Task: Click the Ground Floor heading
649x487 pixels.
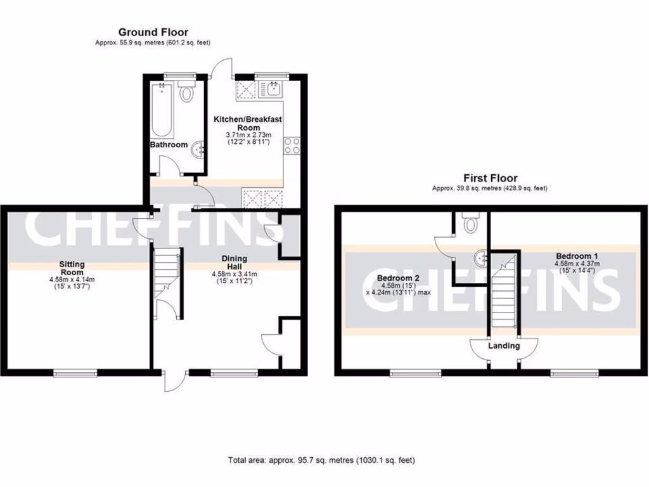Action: (x=153, y=32)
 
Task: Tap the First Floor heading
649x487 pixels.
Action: (x=490, y=178)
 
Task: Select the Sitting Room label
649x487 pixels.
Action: (x=72, y=268)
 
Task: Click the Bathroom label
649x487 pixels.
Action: (x=169, y=145)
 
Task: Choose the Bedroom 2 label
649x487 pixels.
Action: (x=399, y=278)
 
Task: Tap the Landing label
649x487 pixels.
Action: (x=504, y=346)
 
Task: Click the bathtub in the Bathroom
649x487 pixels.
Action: (x=162, y=112)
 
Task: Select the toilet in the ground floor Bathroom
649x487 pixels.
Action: (x=186, y=94)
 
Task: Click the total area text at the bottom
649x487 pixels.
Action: (x=321, y=460)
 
